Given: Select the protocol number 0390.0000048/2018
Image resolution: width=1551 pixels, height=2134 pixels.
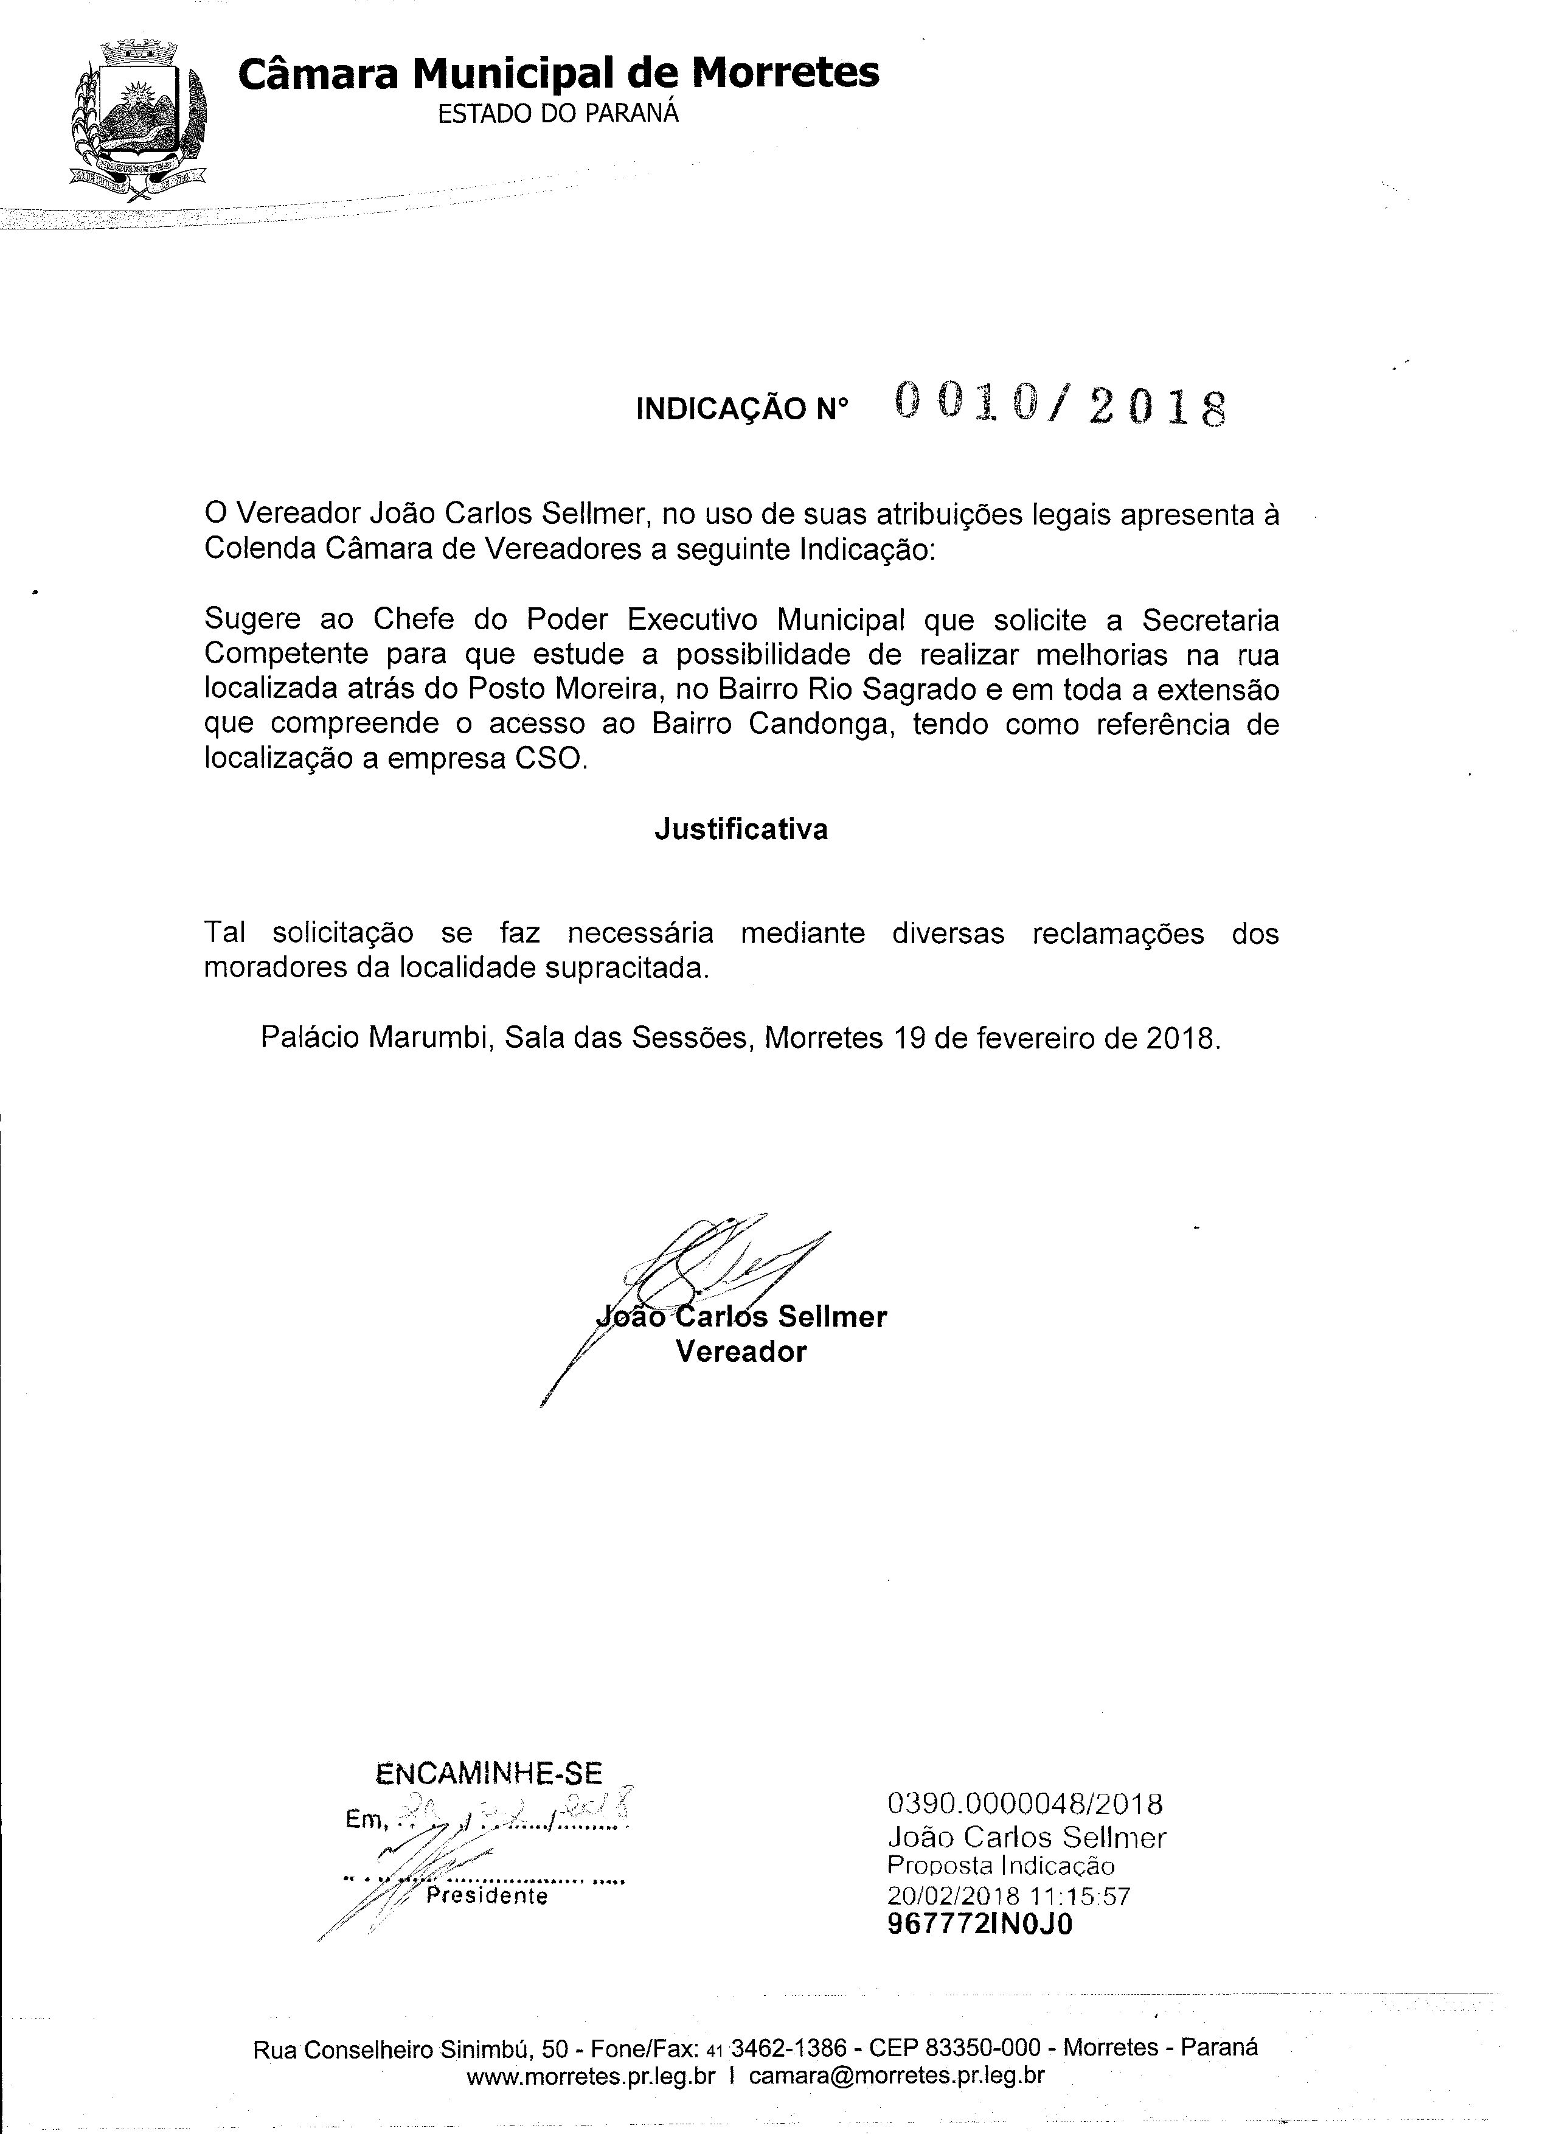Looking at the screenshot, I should tap(1024, 1804).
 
